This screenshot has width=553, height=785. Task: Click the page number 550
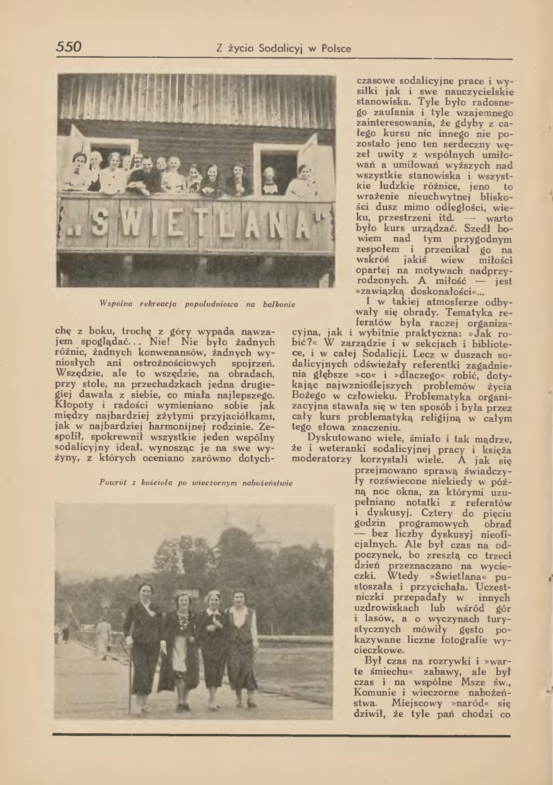point(69,47)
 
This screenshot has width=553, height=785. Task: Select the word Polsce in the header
point(336,49)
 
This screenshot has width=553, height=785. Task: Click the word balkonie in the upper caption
point(279,304)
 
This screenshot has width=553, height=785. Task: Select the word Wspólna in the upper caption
point(116,304)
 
